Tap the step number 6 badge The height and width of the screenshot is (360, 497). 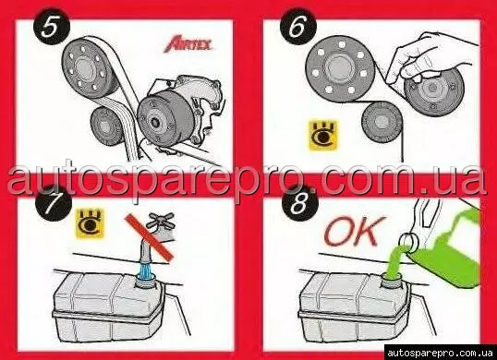click(298, 27)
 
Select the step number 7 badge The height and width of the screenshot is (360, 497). click(54, 203)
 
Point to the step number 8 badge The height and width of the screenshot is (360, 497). click(300, 203)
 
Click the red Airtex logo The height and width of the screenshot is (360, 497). click(188, 44)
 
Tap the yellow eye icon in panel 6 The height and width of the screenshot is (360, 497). click(323, 136)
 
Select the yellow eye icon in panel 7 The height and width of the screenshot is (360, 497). click(90, 223)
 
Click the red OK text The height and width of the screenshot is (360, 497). click(355, 231)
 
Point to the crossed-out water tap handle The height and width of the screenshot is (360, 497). click(161, 221)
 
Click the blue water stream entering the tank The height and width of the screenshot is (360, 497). click(147, 270)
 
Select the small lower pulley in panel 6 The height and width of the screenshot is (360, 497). click(382, 123)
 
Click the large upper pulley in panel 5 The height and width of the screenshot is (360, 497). click(86, 68)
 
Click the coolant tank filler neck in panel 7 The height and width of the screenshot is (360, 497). click(146, 282)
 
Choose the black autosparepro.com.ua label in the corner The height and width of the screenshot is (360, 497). click(440, 353)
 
